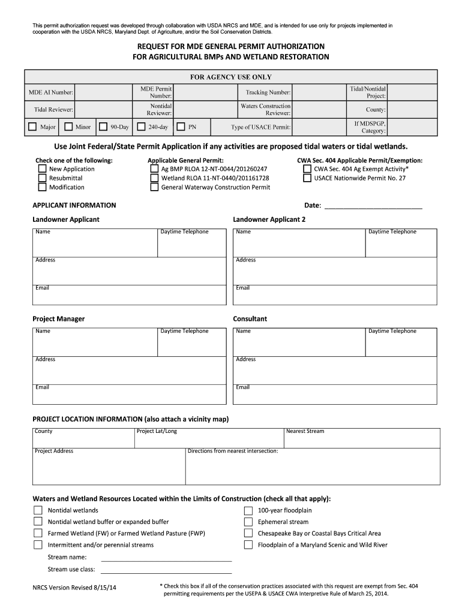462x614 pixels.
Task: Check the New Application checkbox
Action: (x=42, y=169)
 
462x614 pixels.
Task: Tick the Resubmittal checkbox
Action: (x=42, y=178)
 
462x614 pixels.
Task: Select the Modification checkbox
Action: (x=42, y=187)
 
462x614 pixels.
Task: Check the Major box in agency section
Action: (x=32, y=127)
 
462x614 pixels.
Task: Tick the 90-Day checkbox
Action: (x=103, y=127)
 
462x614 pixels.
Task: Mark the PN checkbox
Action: (x=181, y=127)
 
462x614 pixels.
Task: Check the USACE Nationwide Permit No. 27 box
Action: (x=307, y=178)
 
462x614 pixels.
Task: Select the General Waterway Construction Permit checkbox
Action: (x=154, y=187)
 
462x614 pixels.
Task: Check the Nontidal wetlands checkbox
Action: (x=38, y=511)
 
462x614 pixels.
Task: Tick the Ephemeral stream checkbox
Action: (x=248, y=522)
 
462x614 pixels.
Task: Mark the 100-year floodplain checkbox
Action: (x=248, y=511)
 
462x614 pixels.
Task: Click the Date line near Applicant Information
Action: (x=373, y=206)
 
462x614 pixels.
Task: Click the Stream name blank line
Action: (x=166, y=557)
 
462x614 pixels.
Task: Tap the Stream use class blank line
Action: (x=166, y=569)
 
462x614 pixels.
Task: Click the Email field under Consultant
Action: (x=335, y=395)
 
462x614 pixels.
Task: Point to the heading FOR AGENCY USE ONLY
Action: (x=231, y=77)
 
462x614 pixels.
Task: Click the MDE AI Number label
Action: (x=51, y=92)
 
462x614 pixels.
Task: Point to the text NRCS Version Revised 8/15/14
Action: (x=74, y=588)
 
